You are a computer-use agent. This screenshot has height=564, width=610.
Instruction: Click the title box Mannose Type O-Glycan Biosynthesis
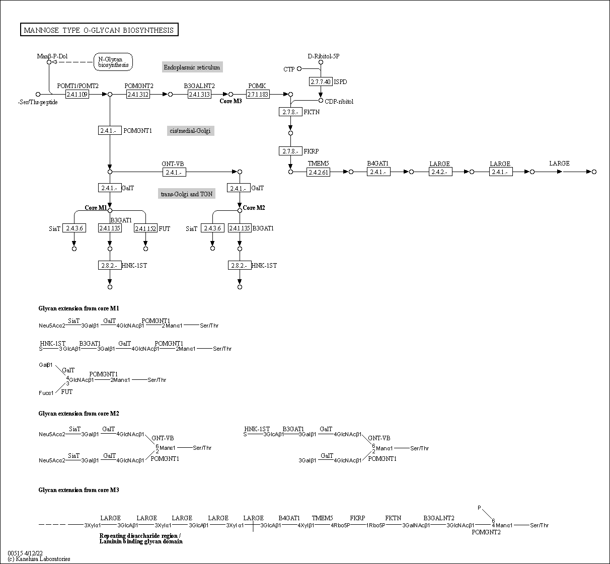(x=99, y=30)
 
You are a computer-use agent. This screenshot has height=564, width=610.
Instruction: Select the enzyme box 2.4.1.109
(x=77, y=94)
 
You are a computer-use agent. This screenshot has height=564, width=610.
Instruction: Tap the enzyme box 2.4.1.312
(x=138, y=94)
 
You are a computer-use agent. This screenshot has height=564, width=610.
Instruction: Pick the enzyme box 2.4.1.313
(x=199, y=94)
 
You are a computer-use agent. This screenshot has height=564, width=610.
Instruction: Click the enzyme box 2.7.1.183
(x=258, y=94)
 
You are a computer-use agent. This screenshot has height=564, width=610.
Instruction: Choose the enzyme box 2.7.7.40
(x=321, y=82)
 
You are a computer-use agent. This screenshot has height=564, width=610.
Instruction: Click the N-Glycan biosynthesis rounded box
(x=113, y=62)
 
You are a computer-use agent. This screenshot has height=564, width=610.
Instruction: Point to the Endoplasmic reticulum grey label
(x=192, y=67)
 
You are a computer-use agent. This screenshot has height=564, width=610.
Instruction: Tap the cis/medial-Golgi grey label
(x=190, y=131)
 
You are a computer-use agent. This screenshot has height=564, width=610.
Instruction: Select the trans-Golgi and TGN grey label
(x=187, y=194)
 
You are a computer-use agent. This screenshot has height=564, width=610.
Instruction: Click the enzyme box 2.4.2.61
(x=318, y=172)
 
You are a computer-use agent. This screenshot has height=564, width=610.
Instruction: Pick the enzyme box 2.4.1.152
(x=145, y=228)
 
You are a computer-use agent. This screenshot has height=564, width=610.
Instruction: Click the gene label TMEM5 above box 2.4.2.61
(x=318, y=164)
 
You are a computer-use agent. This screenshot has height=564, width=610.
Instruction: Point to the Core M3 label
(x=231, y=101)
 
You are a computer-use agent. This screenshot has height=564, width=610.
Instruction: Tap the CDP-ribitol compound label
(x=339, y=102)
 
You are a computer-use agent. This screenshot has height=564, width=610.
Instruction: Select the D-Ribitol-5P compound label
(x=324, y=56)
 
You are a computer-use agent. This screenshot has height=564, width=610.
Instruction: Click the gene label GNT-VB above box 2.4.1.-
(x=173, y=164)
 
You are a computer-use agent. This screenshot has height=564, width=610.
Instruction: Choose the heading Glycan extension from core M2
(x=79, y=414)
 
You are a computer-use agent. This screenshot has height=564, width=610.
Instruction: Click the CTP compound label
(x=289, y=69)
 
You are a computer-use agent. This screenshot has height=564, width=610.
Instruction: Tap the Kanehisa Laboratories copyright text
(x=39, y=559)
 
